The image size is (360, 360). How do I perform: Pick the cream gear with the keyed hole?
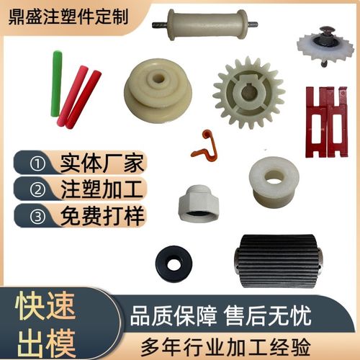[x=248, y=91]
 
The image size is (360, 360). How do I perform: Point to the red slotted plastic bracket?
[x=325, y=120]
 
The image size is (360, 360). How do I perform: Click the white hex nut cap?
[x=198, y=202]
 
